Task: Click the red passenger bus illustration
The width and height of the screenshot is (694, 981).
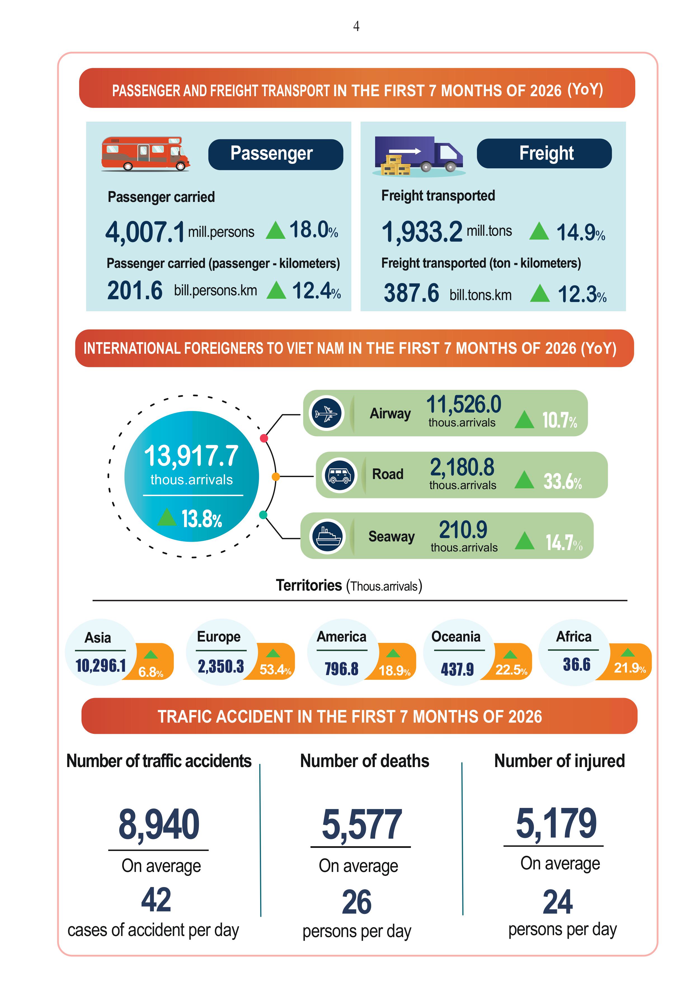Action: [145, 154]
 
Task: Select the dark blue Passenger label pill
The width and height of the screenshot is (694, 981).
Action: [276, 154]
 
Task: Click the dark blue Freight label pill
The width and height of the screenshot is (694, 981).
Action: [544, 154]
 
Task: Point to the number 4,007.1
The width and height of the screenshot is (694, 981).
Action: [145, 232]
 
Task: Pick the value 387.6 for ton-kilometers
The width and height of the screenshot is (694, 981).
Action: [411, 293]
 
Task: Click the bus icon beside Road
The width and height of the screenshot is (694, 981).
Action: [340, 475]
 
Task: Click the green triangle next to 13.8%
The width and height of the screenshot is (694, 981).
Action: [167, 517]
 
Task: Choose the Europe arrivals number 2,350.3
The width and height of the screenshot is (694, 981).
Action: [220, 666]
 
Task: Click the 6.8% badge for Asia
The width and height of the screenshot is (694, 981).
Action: [151, 672]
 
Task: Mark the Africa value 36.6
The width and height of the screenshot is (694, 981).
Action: [577, 664]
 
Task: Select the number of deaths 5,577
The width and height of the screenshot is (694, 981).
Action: [361, 824]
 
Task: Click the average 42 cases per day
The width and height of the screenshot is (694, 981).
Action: [156, 900]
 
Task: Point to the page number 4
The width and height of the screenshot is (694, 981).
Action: [356, 27]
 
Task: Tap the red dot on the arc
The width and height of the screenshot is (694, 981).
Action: [264, 438]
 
